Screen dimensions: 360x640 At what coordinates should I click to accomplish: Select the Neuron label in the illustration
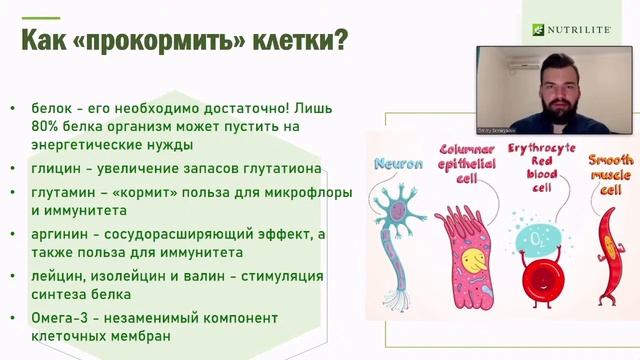[397, 164]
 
